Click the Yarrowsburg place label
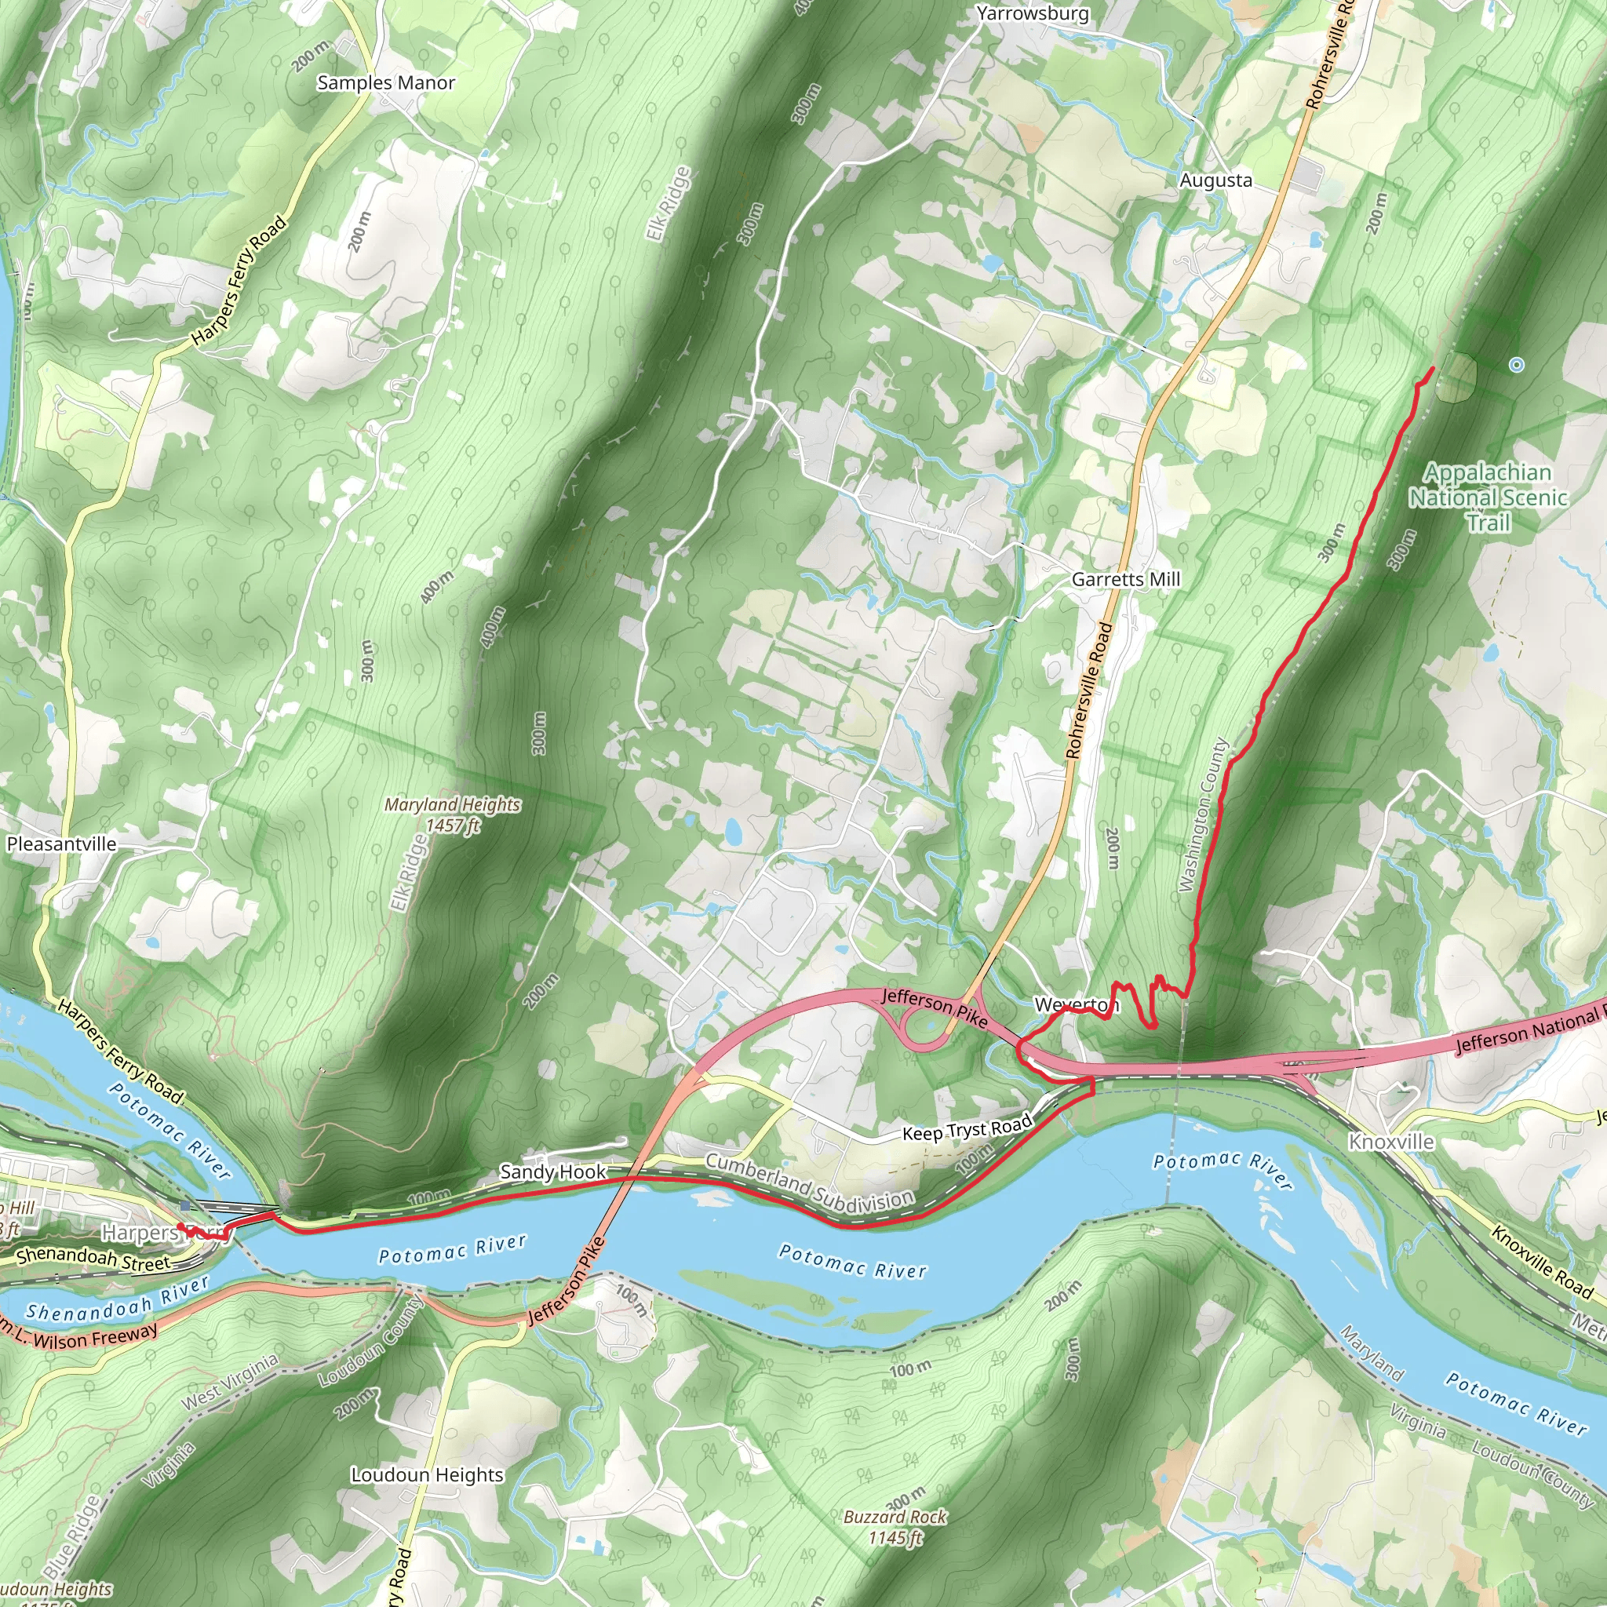(1033, 13)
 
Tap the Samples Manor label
(386, 82)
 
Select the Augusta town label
(1215, 180)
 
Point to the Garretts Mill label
(1125, 579)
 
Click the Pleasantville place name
(61, 844)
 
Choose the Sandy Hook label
(552, 1172)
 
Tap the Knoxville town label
(1390, 1141)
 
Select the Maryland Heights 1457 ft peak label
(453, 814)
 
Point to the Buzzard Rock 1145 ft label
(895, 1527)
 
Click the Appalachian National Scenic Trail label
(1487, 497)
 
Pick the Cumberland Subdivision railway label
(809, 1182)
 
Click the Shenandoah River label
(116, 1299)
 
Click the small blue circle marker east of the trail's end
(1516, 364)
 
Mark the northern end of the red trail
(1432, 369)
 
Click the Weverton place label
(1076, 1005)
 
